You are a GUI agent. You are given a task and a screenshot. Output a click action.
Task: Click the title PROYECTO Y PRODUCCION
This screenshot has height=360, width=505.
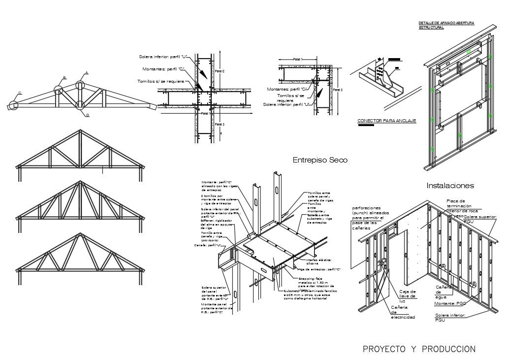coord(419,349)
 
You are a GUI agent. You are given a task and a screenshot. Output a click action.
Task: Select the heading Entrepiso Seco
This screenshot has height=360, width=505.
coord(320,160)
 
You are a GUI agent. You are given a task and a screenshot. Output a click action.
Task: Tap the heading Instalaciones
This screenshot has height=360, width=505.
coord(450,186)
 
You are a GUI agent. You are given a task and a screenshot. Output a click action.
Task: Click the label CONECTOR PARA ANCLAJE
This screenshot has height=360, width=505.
coord(386,121)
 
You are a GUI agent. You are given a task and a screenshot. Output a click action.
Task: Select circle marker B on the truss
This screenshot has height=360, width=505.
coord(59,90)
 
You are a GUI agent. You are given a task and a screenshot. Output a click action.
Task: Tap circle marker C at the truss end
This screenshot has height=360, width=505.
coord(13,105)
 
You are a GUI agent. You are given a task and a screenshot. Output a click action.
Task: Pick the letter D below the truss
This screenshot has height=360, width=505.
coord(87,115)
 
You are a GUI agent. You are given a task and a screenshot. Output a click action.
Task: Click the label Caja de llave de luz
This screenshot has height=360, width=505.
coord(408,296)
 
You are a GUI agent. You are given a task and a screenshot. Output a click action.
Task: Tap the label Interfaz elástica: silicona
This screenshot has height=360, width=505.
coord(318,262)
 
